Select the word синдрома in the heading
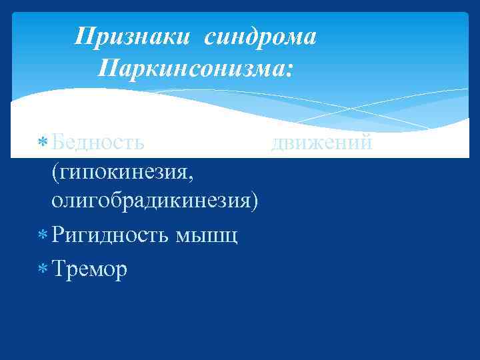pyautogui.click(x=260, y=38)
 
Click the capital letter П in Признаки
pyautogui.click(x=83, y=38)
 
